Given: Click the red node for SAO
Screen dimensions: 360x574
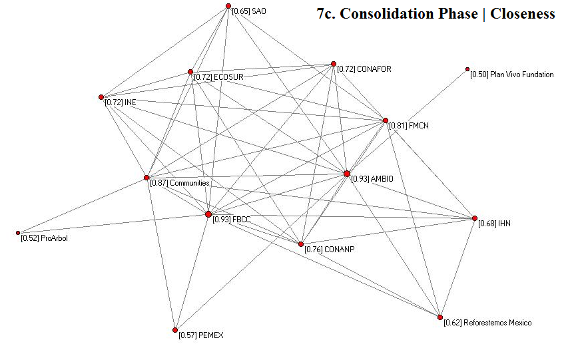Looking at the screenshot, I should [228, 6].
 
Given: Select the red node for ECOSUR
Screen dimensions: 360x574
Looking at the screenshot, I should [190, 72].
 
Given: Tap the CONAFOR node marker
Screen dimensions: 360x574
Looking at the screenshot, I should [334, 64].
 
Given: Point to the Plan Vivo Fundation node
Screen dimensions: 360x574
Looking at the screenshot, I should [467, 69].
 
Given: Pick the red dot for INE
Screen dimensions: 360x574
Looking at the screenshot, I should [101, 97].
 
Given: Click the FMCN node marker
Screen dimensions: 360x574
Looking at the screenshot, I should [385, 120].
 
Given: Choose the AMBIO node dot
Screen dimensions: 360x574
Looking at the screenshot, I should [347, 174].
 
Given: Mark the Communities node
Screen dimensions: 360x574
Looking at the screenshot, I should [146, 178].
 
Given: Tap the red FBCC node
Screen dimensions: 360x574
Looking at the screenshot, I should [208, 214].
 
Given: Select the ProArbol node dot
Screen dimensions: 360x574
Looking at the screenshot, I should [18, 233].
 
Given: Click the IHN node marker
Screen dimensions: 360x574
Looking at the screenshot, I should [475, 218].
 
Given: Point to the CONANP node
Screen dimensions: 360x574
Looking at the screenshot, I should [301, 244].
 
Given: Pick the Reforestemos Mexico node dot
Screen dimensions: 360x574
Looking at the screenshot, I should [440, 317].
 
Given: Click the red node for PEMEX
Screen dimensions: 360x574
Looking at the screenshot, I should [175, 330].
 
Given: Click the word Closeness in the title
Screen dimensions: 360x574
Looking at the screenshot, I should [523, 14].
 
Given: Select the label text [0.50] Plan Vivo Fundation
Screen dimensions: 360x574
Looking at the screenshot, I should [511, 75].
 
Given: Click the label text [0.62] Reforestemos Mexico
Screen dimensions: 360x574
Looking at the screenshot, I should [487, 323].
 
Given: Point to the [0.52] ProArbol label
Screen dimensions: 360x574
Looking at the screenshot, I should [44, 238].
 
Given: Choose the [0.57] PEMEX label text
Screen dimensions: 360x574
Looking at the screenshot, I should [201, 335].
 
